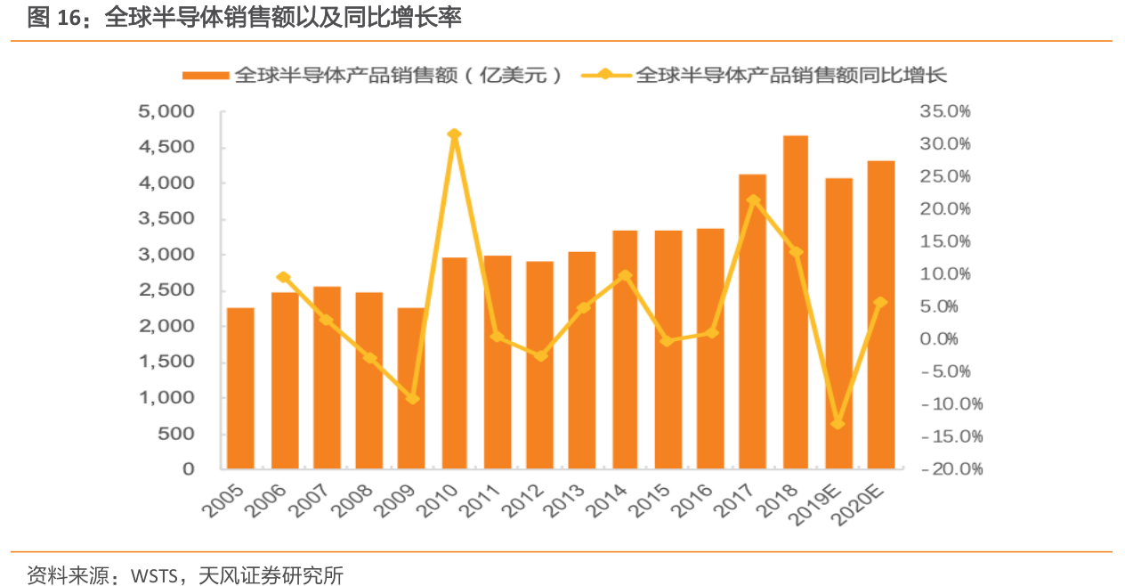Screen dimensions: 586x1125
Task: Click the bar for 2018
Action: (x=795, y=302)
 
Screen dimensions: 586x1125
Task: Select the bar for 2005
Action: (x=240, y=388)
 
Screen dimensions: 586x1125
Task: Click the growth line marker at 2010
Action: (x=454, y=134)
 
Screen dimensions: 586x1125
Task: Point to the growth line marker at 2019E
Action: (x=838, y=423)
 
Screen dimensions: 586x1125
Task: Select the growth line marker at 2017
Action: (x=753, y=200)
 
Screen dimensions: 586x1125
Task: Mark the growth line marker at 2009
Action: (x=412, y=398)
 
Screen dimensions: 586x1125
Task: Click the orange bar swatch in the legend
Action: (x=206, y=76)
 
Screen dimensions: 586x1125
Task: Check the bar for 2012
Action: (x=539, y=365)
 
